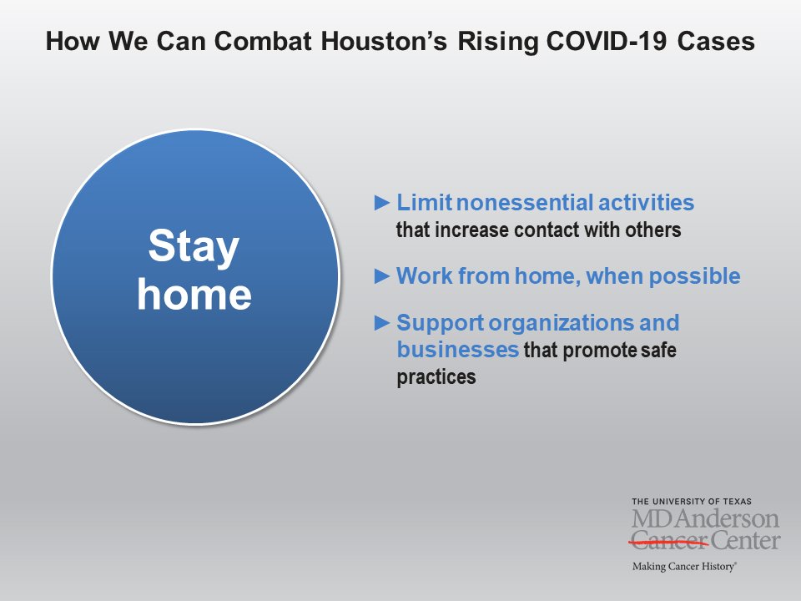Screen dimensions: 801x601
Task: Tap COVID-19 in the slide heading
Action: [607, 41]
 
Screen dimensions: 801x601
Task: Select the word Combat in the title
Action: [263, 41]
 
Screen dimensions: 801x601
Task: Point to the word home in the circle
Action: [194, 295]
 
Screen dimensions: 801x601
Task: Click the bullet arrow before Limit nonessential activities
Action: [382, 203]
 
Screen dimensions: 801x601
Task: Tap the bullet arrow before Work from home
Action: [382, 276]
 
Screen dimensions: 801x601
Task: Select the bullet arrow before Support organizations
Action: [382, 322]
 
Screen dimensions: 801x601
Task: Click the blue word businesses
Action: [458, 350]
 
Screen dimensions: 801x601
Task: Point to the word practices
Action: [436, 377]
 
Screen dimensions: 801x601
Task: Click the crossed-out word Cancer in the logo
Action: [668, 541]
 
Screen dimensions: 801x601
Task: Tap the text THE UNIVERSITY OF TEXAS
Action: [692, 502]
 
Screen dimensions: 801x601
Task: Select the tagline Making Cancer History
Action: [684, 566]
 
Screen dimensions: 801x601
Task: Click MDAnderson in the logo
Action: [706, 518]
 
